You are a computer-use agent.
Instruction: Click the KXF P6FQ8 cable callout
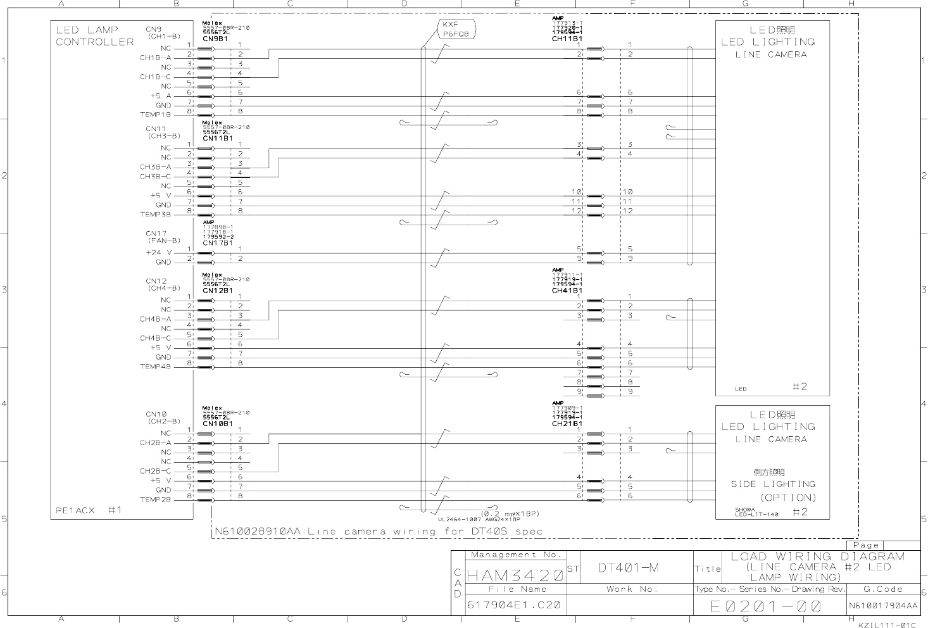(456, 29)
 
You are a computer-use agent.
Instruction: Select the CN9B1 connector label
(215, 39)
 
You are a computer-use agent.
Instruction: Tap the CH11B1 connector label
(567, 39)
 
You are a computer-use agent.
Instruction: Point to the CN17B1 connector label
(218, 243)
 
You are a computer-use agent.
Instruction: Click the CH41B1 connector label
(567, 291)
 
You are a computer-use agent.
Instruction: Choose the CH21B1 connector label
(567, 424)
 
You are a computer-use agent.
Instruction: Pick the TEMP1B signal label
(156, 115)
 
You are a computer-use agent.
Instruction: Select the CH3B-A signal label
(156, 167)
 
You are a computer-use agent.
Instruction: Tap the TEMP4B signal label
(156, 367)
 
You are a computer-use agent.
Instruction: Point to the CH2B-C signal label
(156, 471)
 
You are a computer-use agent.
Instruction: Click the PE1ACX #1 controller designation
(89, 510)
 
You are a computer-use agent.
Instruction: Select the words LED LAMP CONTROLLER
(95, 35)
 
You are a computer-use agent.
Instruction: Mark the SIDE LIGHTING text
(772, 484)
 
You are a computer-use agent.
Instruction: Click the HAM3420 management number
(515, 575)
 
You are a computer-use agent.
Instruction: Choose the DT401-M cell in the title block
(628, 568)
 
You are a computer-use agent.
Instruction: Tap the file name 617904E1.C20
(513, 605)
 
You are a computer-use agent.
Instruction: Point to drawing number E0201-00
(765, 606)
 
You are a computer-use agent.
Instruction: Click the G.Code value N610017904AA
(883, 606)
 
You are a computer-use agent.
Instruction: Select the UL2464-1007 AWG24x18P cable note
(479, 519)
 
